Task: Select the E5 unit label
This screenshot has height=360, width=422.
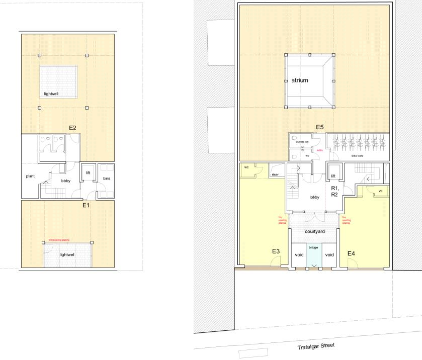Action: pyautogui.click(x=319, y=127)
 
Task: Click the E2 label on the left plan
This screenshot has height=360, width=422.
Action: pyautogui.click(x=72, y=128)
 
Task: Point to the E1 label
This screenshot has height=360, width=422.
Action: pyautogui.click(x=86, y=206)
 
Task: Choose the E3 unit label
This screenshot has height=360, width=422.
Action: pyautogui.click(x=276, y=251)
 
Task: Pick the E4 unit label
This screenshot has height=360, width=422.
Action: pyautogui.click(x=352, y=252)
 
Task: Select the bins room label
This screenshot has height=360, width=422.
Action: pyautogui.click(x=106, y=179)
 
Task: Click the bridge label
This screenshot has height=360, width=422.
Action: pyautogui.click(x=313, y=247)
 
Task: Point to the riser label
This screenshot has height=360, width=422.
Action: pyautogui.click(x=275, y=174)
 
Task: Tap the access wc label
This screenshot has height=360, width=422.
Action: pyautogui.click(x=302, y=142)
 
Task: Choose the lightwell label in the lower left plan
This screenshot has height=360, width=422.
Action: pyautogui.click(x=67, y=255)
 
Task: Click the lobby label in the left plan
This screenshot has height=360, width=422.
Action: pyautogui.click(x=66, y=180)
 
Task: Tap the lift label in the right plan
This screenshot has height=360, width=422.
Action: pyautogui.click(x=333, y=176)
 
